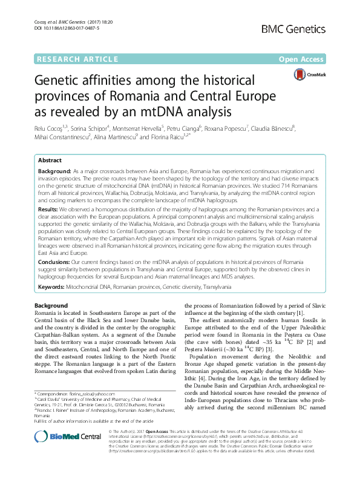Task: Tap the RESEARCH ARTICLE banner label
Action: tap(77, 59)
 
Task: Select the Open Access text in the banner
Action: tap(303, 59)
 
